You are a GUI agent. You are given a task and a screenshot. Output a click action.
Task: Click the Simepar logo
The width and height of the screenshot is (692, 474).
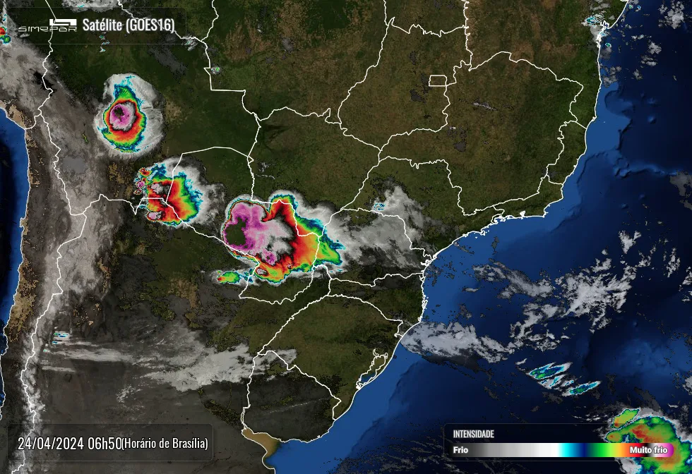[47, 26]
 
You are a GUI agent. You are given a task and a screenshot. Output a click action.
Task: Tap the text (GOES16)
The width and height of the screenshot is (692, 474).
[150, 25]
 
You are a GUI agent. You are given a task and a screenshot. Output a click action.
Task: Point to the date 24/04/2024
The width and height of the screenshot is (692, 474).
[52, 444]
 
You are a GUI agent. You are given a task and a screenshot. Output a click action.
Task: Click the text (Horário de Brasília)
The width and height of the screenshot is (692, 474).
[165, 444]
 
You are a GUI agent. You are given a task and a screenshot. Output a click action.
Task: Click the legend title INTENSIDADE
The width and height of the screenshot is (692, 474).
[473, 434]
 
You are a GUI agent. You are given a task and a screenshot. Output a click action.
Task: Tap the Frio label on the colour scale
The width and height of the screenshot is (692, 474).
[460, 449]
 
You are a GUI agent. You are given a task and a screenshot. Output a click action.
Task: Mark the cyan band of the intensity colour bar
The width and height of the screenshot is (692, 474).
[567, 449]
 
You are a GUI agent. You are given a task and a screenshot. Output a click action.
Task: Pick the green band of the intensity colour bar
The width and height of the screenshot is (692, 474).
[597, 449]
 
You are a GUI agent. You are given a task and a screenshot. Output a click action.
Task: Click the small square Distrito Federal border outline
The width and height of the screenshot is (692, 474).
[438, 80]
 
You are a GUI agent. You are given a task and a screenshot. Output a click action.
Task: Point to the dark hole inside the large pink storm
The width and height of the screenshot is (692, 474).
[238, 233]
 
